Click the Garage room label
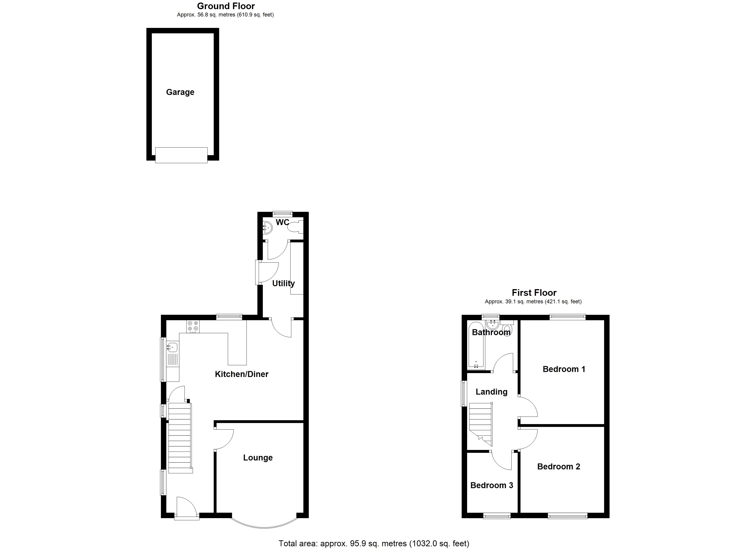(180, 92)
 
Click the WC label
(282, 222)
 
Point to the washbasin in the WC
(267, 228)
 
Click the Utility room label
(283, 283)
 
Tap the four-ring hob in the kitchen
(193, 326)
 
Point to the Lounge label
(258, 458)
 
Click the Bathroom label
(491, 332)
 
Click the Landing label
(491, 392)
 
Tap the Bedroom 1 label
(564, 369)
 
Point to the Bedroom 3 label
(491, 485)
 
